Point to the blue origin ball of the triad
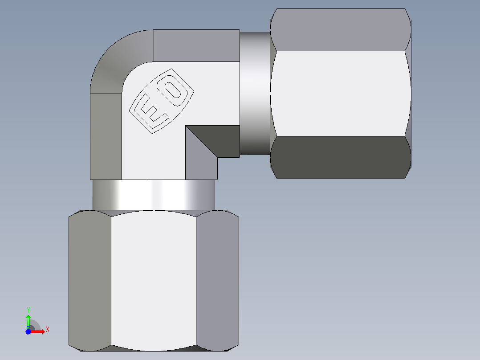point(28,331)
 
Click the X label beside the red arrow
point(47,329)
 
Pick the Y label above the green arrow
point(28,309)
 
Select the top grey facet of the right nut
point(341,29)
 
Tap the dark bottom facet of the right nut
point(341,157)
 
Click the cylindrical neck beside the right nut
point(255,94)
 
